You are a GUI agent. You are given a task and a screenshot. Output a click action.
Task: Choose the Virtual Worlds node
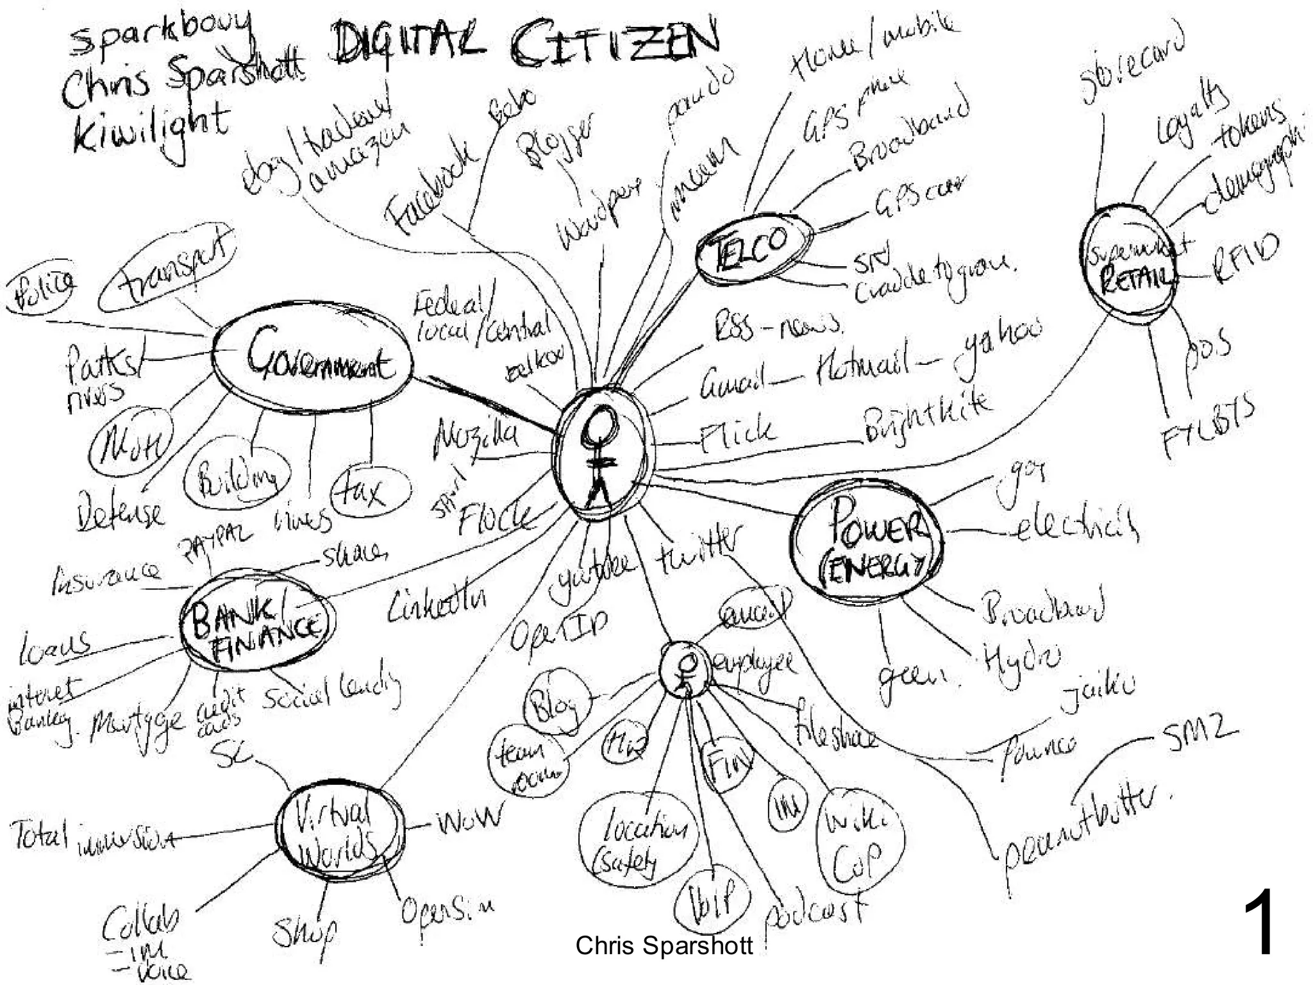(340, 834)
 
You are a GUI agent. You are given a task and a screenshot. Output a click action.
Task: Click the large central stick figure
(603, 455)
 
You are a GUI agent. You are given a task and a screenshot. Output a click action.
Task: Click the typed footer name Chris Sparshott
(664, 946)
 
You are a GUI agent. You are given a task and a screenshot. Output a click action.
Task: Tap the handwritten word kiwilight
(151, 128)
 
